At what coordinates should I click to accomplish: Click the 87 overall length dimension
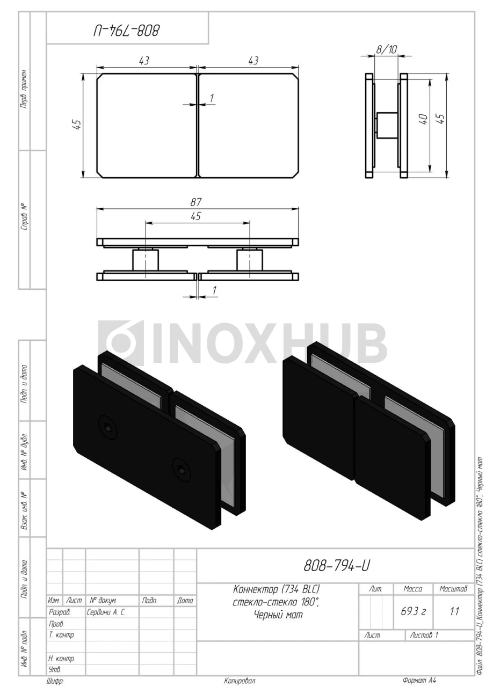click(x=196, y=202)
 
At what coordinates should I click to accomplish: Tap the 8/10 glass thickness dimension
click(x=386, y=49)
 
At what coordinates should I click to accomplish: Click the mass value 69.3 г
click(x=413, y=611)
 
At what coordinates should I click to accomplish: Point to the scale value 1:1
click(x=454, y=611)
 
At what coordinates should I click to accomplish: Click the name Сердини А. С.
click(x=106, y=612)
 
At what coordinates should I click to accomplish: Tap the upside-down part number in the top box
click(x=126, y=31)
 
